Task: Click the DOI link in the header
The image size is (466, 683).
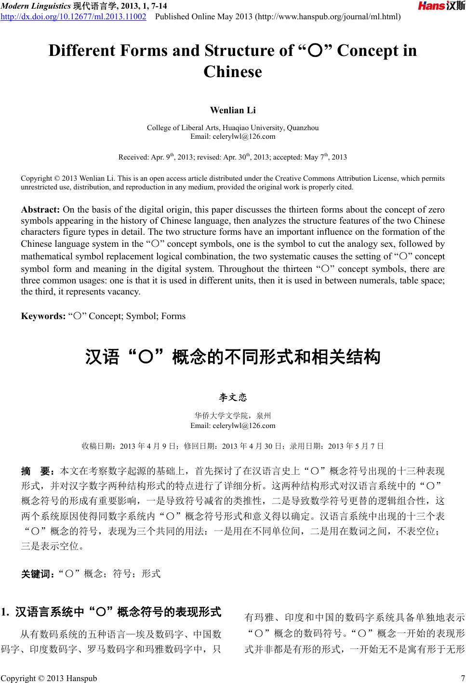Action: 74,17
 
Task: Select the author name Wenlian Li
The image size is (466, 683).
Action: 233,110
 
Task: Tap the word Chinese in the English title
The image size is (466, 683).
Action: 233,72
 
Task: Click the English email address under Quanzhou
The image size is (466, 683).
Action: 233,136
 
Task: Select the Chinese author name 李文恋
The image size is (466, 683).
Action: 233,398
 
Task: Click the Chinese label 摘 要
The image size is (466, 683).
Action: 39,470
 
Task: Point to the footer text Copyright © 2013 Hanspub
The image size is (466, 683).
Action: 49,678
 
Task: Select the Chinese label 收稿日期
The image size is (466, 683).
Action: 99,446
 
